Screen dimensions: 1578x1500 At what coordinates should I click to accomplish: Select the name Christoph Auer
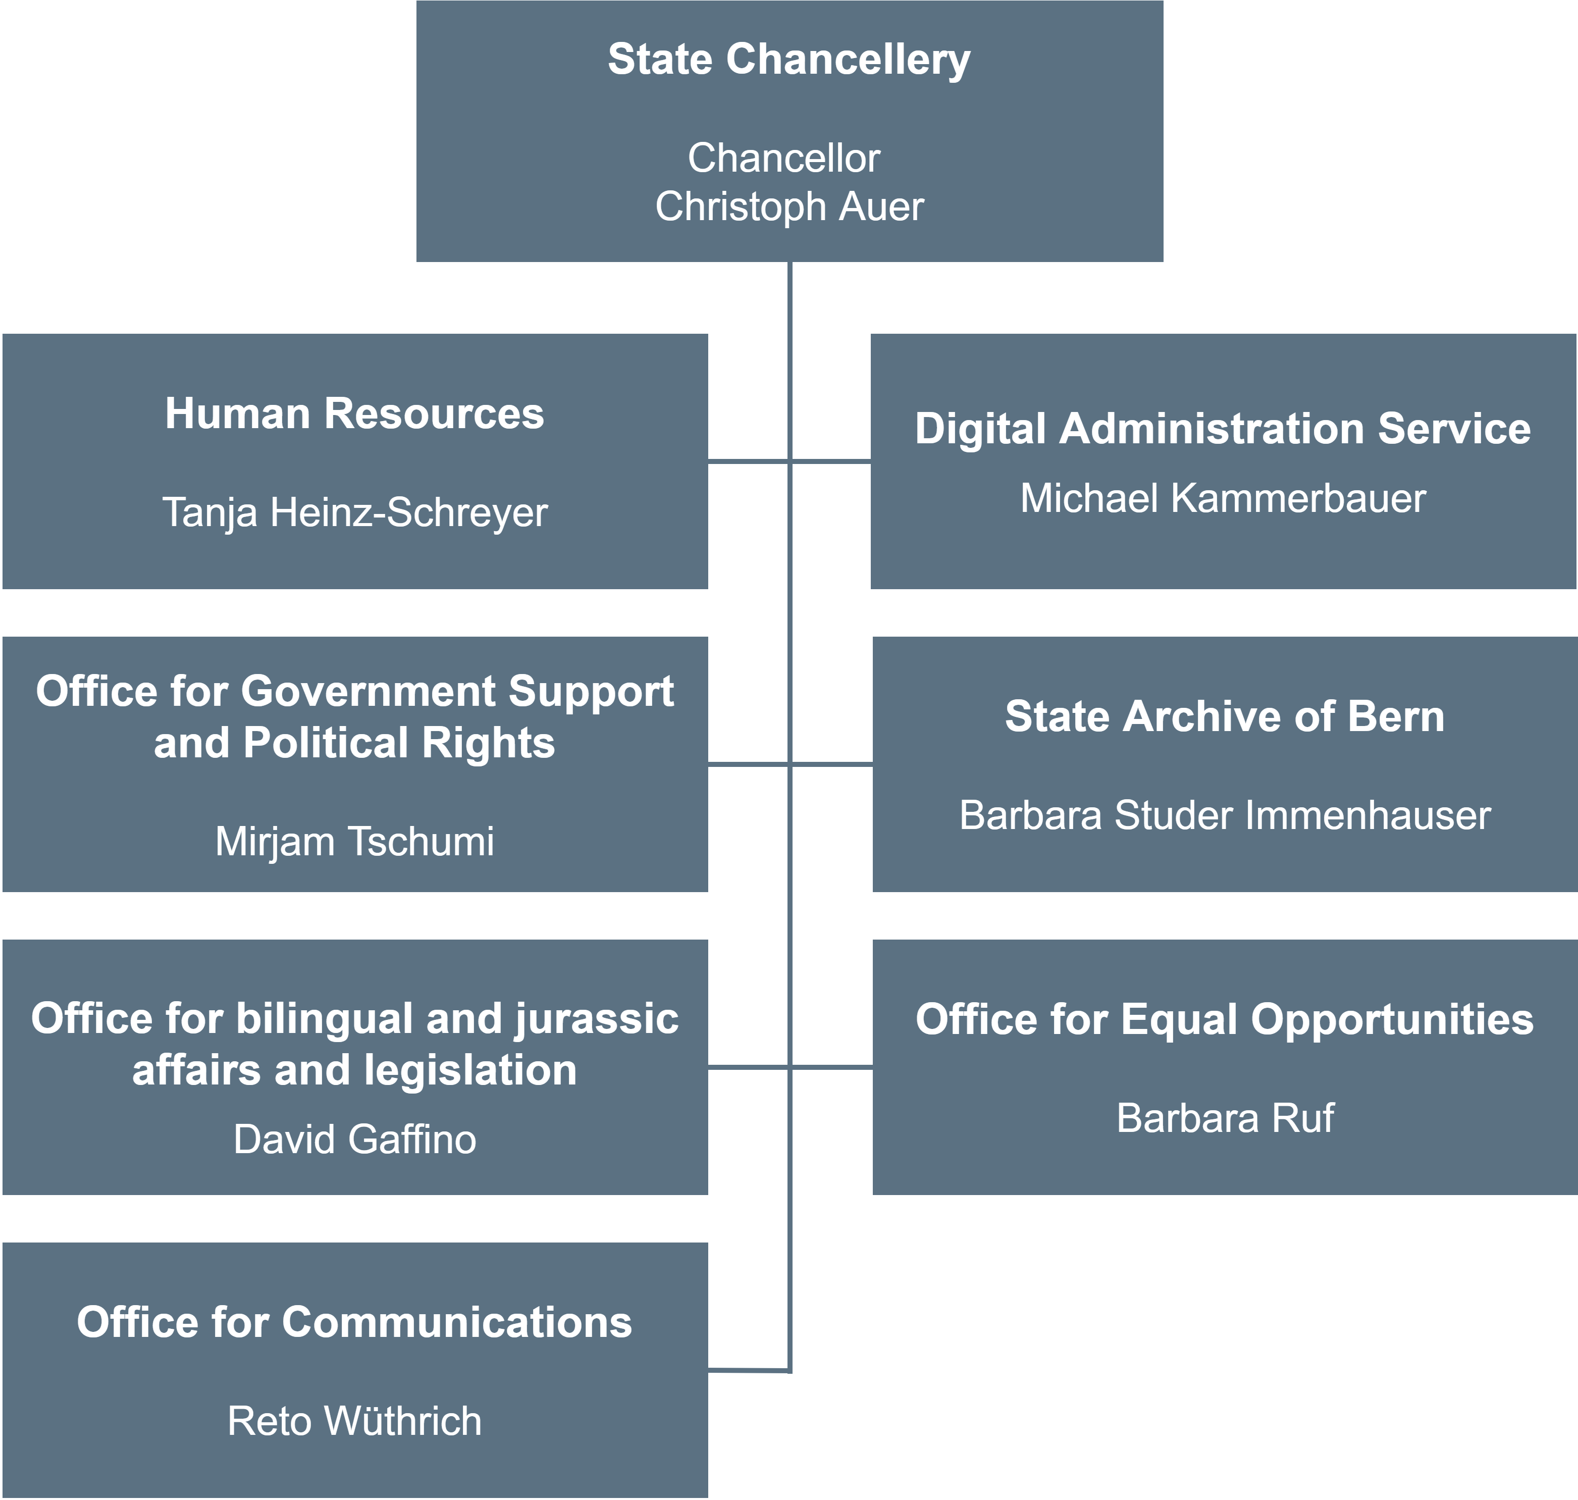789,206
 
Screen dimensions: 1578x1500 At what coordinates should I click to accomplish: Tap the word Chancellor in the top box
783,158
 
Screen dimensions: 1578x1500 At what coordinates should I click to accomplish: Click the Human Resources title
354,413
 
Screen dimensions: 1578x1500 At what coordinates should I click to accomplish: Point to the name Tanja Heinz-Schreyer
355,512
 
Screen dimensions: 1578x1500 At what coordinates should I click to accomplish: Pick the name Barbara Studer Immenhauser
1225,815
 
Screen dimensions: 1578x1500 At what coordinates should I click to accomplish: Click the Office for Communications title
354,1322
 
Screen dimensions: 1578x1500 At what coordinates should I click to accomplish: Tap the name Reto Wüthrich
354,1420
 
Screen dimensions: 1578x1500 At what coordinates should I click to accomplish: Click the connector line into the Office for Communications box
749,1370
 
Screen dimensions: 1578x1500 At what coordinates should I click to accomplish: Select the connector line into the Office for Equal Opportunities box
831,1067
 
